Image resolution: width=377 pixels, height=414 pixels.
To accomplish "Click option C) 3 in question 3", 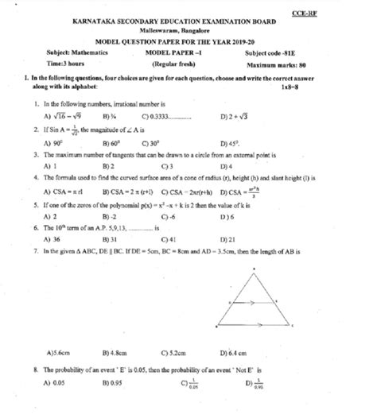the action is [x=167, y=166].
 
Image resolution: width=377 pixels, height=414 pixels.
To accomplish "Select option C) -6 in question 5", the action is [x=169, y=215].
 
